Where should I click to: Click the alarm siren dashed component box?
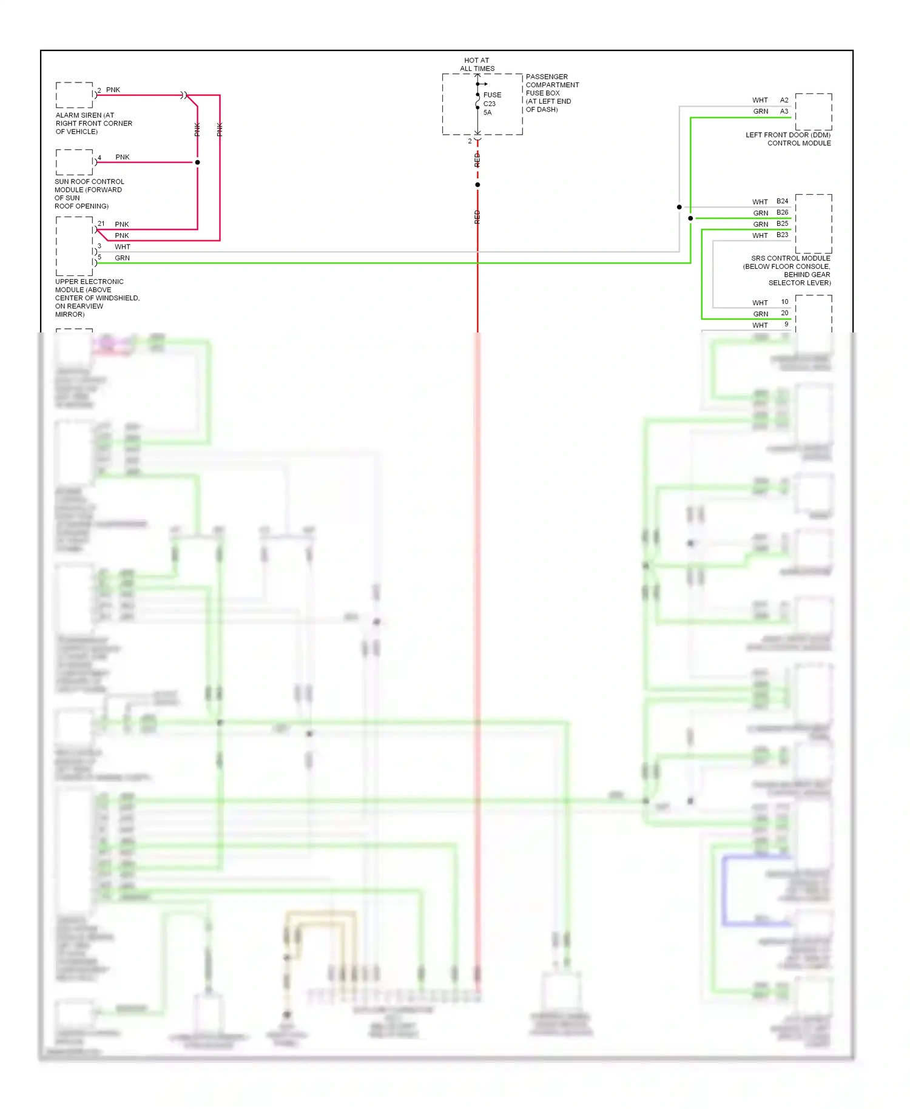point(74,95)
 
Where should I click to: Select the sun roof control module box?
point(74,162)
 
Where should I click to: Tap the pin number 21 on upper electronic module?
point(101,224)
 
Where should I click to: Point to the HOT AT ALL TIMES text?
point(477,64)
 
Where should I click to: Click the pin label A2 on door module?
point(784,100)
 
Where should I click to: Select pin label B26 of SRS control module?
point(782,213)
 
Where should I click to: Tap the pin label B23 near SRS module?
point(782,235)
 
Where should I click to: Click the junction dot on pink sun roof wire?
point(198,163)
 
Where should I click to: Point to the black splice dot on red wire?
point(477,184)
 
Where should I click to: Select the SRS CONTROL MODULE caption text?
point(790,258)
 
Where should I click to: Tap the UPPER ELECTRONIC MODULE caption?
point(89,281)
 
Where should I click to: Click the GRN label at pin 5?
point(122,258)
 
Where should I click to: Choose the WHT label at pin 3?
point(122,247)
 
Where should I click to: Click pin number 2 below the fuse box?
point(470,141)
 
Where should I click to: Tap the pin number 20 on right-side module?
point(784,313)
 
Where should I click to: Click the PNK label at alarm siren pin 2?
point(113,90)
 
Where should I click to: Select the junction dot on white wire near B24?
point(679,207)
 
